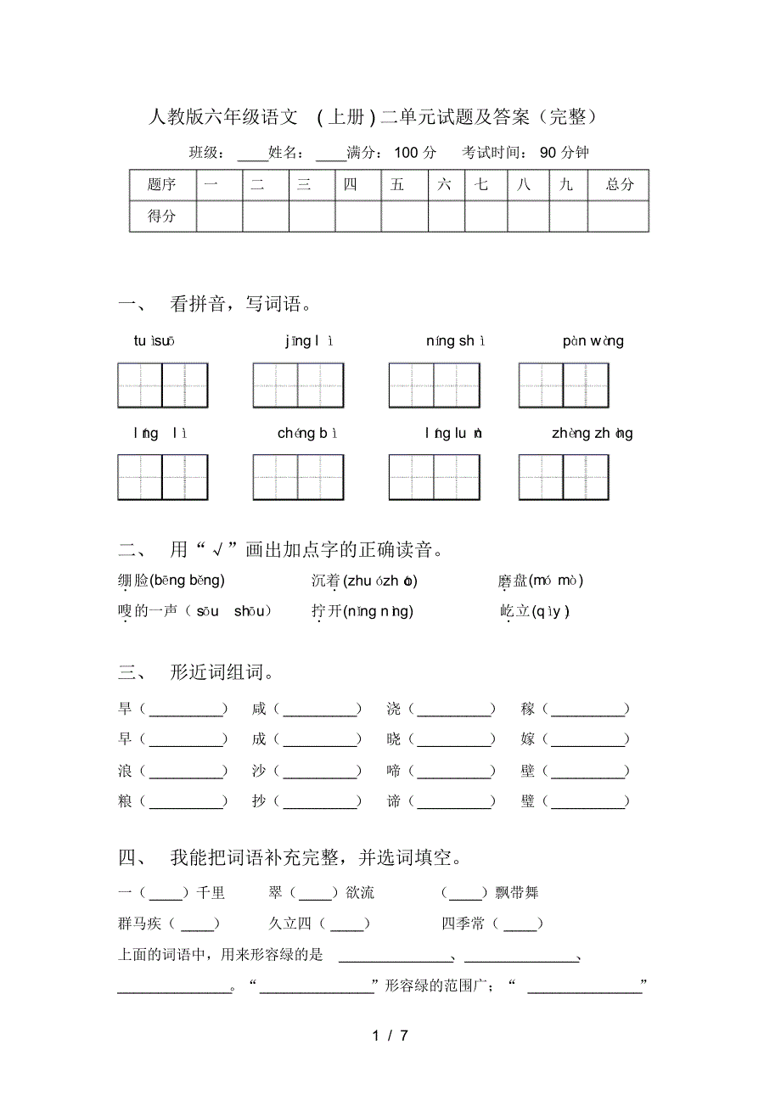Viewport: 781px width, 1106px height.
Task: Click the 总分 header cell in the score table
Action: [x=619, y=184]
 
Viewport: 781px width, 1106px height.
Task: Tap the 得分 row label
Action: [x=162, y=216]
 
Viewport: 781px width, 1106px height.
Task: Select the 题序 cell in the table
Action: [x=162, y=184]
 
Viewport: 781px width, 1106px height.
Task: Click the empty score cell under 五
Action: [x=404, y=216]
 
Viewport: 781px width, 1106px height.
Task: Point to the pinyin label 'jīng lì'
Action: [x=310, y=341]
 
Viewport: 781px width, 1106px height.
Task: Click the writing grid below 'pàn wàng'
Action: [x=564, y=385]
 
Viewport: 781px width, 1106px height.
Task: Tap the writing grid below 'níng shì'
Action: [x=434, y=385]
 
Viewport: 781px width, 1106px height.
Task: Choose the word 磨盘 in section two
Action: [x=513, y=581]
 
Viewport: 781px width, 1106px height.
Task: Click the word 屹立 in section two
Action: [x=514, y=611]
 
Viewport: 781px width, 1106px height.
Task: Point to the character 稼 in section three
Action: [x=529, y=709]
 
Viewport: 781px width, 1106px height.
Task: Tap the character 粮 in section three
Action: [x=126, y=800]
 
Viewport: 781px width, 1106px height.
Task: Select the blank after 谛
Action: [x=454, y=801]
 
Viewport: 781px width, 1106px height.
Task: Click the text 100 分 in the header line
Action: [x=415, y=153]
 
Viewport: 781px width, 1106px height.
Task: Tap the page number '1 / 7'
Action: [x=390, y=1036]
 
